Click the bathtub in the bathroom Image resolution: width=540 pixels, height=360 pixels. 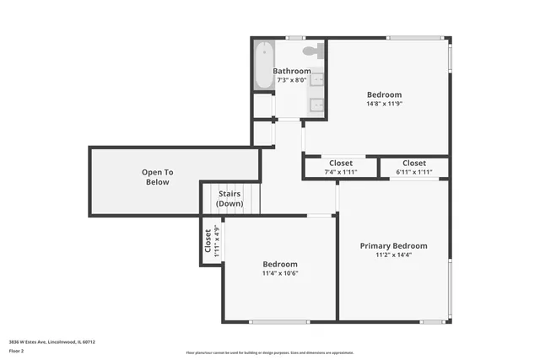point(263,65)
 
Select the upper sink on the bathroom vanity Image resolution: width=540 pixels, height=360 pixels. point(317,80)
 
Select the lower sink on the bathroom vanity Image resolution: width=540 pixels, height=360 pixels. point(317,105)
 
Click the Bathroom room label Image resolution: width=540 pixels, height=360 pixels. point(292,71)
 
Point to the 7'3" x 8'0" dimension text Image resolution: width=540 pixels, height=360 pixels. point(292,80)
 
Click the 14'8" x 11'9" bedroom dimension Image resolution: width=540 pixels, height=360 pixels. point(384,104)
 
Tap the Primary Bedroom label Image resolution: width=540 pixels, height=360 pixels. point(393,246)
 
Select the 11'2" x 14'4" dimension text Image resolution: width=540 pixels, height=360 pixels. point(393,255)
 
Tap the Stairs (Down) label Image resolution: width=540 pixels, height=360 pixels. point(230,199)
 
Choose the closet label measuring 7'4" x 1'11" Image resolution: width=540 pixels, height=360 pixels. point(341,167)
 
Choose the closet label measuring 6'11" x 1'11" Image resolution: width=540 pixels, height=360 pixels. point(413,167)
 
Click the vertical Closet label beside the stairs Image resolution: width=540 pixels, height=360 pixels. point(211,240)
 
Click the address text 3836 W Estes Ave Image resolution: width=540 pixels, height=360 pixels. point(51,342)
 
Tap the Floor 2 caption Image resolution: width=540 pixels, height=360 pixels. point(18,352)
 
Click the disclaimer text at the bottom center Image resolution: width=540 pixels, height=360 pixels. point(270,352)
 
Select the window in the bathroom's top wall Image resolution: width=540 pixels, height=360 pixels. point(294,37)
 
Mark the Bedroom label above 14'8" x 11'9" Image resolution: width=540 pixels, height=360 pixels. point(384,94)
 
